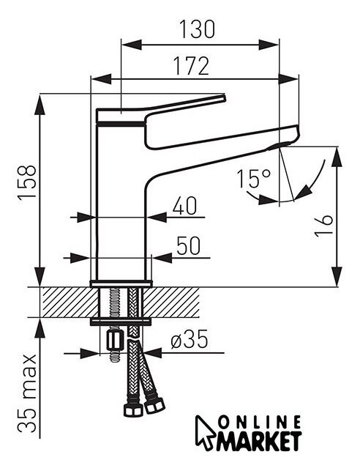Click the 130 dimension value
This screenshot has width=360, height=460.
coord(197,29)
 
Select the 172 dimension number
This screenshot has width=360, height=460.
coord(192,66)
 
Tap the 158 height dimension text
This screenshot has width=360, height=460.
coord(27,183)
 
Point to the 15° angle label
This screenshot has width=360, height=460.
coord(254,179)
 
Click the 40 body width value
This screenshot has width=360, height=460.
coord(184,206)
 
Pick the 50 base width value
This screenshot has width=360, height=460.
coord(189,246)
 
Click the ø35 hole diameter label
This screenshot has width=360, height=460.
coord(190,339)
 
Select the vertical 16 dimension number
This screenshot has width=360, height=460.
coord(323,226)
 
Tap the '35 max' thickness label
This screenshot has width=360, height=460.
coord(27,393)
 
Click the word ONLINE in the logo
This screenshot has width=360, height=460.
coord(260,423)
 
